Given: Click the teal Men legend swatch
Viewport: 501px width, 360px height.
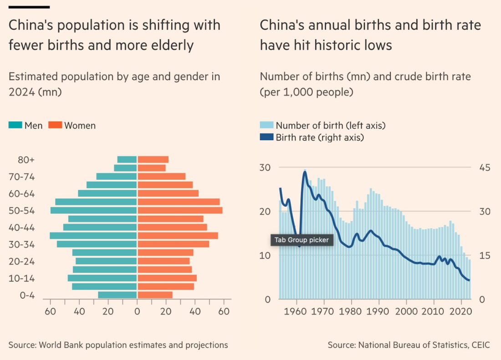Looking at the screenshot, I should (15, 125).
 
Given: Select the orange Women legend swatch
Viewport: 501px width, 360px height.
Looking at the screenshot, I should (55, 125).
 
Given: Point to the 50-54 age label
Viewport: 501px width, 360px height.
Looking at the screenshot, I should (23, 211).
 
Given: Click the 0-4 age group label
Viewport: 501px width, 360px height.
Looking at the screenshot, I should (27, 295).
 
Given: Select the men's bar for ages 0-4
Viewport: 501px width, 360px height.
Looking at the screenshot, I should (117, 295).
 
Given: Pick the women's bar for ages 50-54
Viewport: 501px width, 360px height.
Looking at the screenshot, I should (180, 210).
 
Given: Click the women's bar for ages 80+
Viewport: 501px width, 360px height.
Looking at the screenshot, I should (153, 160).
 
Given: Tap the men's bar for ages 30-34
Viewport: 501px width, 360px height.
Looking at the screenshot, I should (97, 244).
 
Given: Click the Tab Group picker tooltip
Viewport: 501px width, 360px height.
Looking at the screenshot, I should (302, 240).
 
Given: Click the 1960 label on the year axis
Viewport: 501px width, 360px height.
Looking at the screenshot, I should (297, 312).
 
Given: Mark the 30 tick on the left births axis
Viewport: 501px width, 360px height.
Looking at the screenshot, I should (265, 167).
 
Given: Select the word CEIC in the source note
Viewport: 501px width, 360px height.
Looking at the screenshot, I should (481, 345).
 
